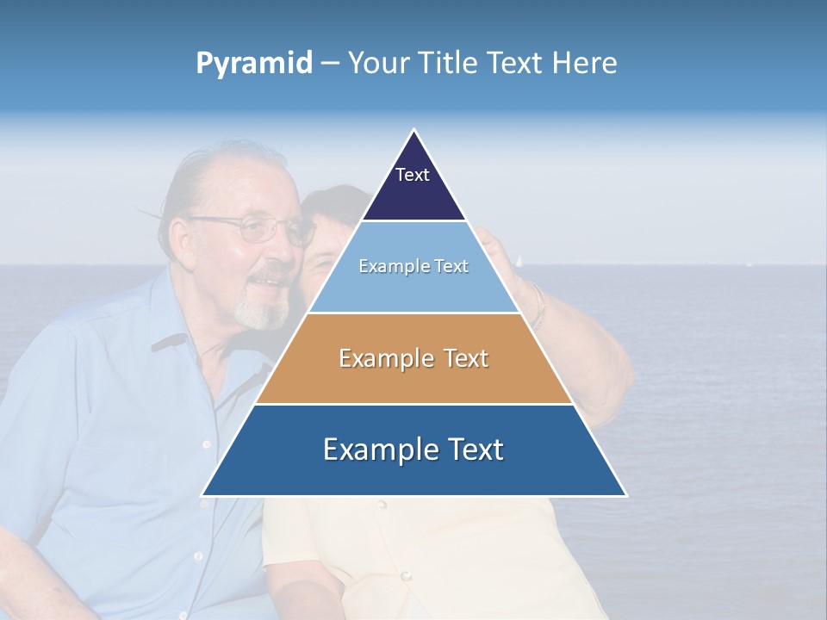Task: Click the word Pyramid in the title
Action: click(x=254, y=64)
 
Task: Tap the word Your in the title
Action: click(x=379, y=64)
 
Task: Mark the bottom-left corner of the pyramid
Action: click(x=202, y=495)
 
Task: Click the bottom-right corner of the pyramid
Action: click(x=625, y=495)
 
